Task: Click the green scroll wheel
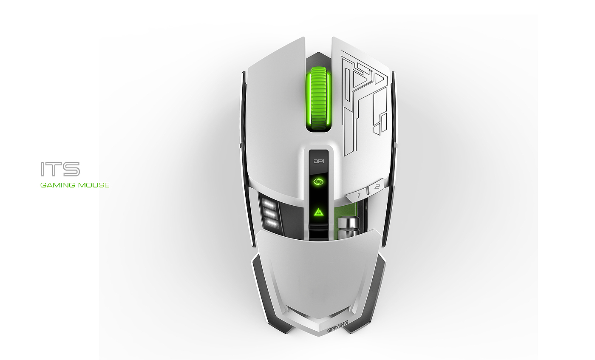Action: [319, 99]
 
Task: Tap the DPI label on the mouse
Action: [319, 161]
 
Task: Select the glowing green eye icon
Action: [318, 182]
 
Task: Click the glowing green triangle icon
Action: [318, 212]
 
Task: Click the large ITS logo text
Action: [60, 169]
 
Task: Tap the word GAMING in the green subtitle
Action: [57, 185]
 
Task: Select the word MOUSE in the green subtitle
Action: [93, 185]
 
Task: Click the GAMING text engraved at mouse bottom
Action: [337, 326]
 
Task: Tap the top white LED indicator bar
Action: [269, 204]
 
